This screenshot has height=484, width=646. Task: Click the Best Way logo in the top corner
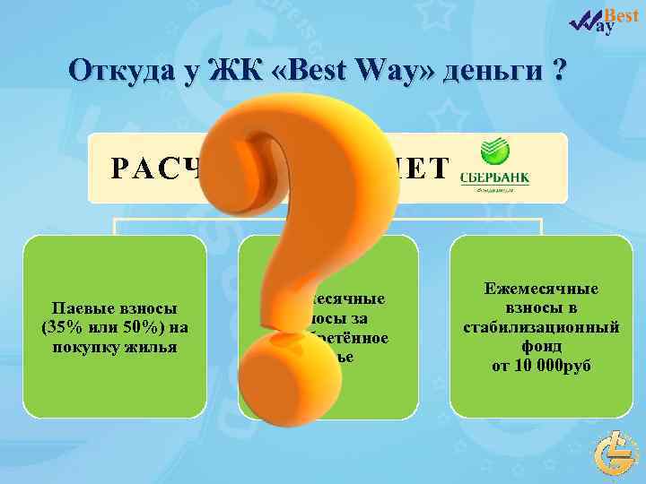point(607,20)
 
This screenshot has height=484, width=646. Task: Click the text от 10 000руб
point(541,365)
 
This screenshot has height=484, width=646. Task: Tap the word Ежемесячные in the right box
point(541,290)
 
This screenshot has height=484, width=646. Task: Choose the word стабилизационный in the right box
point(541,327)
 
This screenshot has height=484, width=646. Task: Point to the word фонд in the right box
point(541,346)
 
